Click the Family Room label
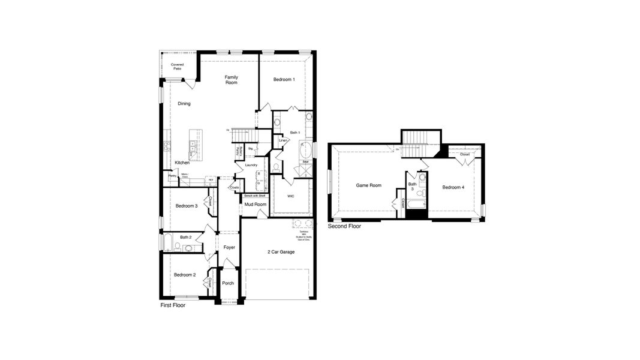(x=232, y=80)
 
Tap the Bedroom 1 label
(x=284, y=80)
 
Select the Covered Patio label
(x=177, y=67)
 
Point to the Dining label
(x=184, y=104)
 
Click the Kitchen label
(x=182, y=163)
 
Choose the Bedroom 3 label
(x=187, y=206)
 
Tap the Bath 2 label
(x=186, y=238)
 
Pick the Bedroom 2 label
(x=185, y=275)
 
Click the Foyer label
(x=229, y=247)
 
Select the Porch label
(x=228, y=283)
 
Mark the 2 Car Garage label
(x=281, y=252)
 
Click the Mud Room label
(x=256, y=205)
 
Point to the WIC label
(x=290, y=196)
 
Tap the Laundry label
(x=251, y=165)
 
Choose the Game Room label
(x=369, y=185)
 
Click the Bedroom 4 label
(x=453, y=188)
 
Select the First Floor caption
(x=173, y=305)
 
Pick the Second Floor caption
(x=344, y=227)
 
